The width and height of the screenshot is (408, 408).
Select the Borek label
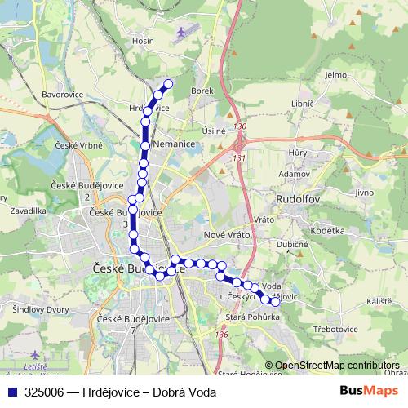pos(202,91)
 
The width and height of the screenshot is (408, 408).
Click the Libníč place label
pos(302,107)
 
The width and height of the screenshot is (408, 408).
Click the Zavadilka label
pos(28,210)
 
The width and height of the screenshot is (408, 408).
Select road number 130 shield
pos(239,127)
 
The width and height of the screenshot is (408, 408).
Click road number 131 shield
pos(239,157)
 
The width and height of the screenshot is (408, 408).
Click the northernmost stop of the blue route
pos(169,84)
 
